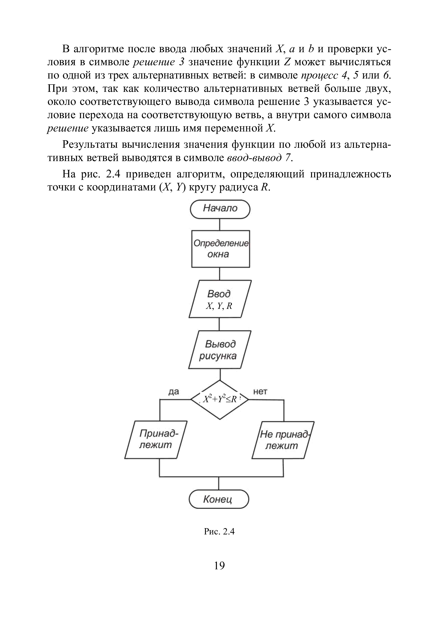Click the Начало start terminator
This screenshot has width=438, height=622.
click(220, 209)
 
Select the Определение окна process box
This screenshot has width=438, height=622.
click(221, 249)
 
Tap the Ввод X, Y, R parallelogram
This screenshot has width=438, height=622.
click(220, 299)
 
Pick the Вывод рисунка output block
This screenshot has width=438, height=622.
click(220, 350)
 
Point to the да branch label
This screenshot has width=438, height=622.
click(174, 392)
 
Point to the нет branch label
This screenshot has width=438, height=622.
click(260, 391)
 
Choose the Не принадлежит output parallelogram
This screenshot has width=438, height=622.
click(283, 440)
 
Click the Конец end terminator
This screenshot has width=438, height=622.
click(218, 499)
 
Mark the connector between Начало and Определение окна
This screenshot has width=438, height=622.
click(220, 224)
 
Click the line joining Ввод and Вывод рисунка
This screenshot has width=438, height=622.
click(220, 324)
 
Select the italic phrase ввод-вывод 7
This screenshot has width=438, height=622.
click(260, 158)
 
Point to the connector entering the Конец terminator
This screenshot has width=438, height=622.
click(219, 483)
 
